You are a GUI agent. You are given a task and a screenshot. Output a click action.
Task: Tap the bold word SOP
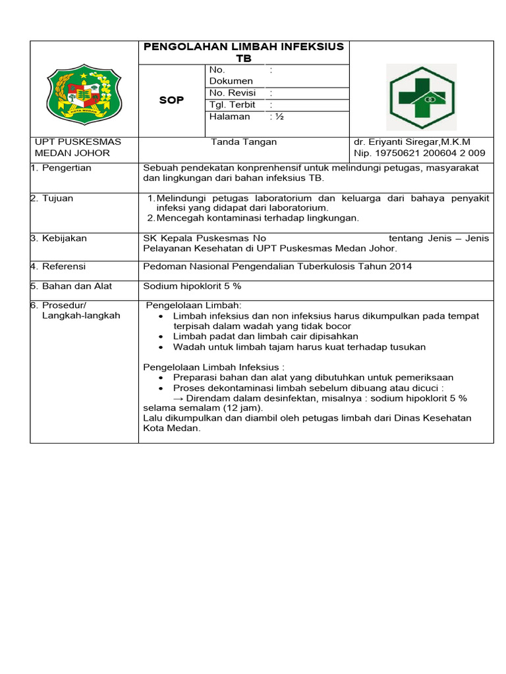tap(172, 100)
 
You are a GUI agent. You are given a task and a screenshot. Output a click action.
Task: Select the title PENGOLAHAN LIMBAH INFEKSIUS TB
tap(244, 52)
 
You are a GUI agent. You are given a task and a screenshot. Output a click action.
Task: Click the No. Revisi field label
tap(232, 93)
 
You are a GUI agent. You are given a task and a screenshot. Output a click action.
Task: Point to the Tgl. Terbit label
tap(232, 105)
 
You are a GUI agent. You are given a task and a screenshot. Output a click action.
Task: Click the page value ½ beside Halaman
tap(277, 117)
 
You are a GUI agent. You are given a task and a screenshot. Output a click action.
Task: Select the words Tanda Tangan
tap(244, 142)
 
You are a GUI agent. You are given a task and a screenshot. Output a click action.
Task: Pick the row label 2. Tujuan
tap(55, 198)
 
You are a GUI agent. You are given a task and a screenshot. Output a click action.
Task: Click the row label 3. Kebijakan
tap(61, 238)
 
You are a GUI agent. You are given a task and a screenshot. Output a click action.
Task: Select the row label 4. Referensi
tap(61, 267)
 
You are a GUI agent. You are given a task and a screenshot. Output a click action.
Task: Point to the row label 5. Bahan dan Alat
tap(74, 286)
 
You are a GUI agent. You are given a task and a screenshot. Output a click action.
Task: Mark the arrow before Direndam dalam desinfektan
tap(178, 398)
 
